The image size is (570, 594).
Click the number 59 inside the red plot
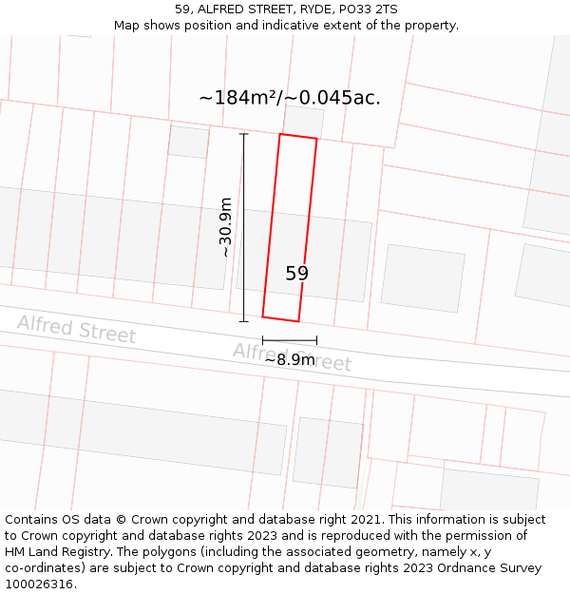296,274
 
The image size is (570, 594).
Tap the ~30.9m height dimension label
225,227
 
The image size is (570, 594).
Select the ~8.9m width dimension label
289,360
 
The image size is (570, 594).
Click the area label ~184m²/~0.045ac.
290,98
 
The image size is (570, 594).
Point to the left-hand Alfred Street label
76,329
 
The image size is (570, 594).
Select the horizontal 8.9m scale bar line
290,340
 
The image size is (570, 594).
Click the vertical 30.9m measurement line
244,228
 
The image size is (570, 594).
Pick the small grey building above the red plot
304,121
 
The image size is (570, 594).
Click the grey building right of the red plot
423,278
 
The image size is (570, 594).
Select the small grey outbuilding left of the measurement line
188,142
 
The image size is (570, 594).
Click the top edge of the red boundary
298,138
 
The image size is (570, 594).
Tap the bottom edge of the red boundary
280,319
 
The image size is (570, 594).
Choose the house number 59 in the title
182,10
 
